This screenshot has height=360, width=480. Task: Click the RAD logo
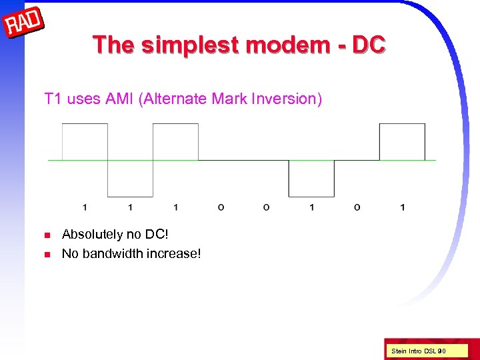coord(24,25)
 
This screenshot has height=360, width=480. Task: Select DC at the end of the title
coord(369,45)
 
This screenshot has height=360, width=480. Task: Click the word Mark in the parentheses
coord(227,99)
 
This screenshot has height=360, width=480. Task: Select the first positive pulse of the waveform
coord(85,142)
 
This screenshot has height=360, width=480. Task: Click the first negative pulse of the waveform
coord(130,178)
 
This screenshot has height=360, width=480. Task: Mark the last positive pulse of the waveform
coord(402,142)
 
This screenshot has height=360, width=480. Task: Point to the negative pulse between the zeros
coord(311,178)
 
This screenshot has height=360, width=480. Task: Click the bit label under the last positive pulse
coord(402,207)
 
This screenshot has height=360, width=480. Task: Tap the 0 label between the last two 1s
coord(357,207)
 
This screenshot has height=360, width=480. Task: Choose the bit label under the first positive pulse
coord(85,207)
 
